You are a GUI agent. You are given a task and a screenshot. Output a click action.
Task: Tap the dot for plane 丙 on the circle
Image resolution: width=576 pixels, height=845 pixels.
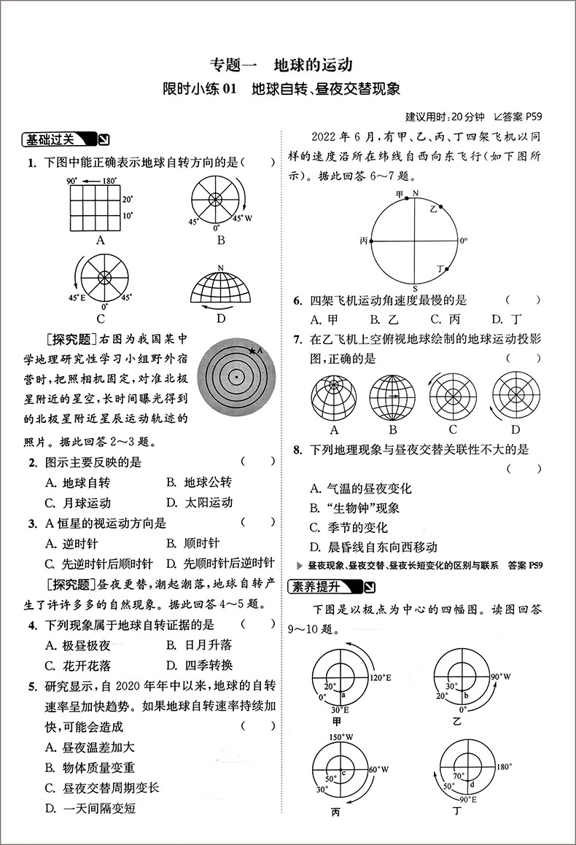(372, 240)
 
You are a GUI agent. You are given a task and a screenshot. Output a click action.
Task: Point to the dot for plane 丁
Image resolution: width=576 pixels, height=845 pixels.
(446, 269)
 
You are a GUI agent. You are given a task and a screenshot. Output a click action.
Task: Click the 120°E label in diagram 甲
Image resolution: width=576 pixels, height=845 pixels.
(380, 678)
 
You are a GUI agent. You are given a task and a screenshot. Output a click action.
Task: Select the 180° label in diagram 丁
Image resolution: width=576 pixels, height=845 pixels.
(506, 767)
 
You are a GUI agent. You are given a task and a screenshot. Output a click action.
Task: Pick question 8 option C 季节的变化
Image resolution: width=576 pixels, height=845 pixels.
(349, 527)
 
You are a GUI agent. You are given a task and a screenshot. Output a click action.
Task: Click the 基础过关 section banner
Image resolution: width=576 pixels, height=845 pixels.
(58, 139)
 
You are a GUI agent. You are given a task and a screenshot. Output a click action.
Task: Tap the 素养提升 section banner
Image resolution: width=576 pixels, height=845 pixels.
(325, 585)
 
